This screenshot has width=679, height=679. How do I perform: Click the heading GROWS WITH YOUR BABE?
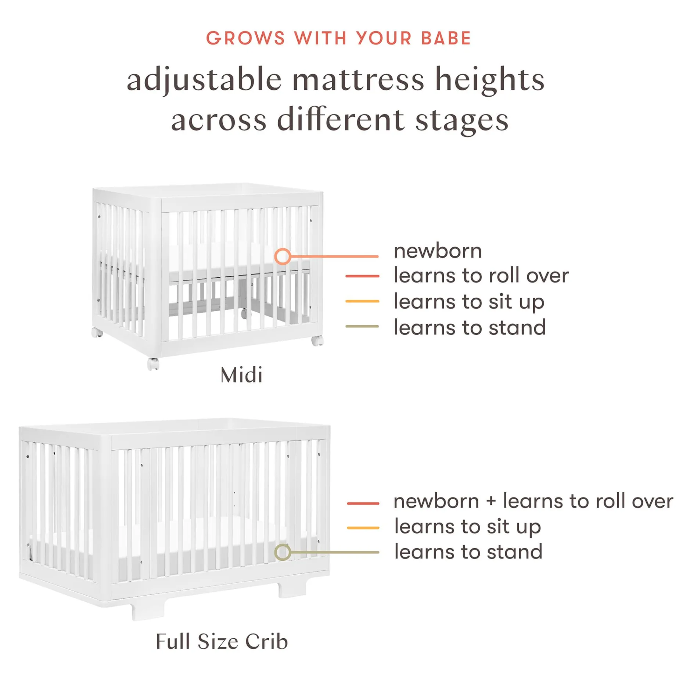338,38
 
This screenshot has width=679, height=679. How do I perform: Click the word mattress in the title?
358,80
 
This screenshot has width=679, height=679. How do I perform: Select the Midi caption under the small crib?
241,375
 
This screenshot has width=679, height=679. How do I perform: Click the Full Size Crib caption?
222,642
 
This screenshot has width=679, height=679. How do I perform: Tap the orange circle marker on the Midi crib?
283,256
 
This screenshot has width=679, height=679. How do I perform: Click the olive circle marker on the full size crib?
283,552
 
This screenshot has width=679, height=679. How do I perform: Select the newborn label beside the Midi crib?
438,251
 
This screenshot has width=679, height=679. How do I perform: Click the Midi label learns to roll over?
481,276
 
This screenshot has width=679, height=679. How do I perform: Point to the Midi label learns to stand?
470,327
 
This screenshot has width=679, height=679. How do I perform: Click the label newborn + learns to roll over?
533,501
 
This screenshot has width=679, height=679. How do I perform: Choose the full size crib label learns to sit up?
467,527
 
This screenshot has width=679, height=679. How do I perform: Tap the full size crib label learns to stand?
468,552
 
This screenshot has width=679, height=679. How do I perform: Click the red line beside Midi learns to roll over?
362,276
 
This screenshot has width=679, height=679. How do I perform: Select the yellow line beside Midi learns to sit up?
362,301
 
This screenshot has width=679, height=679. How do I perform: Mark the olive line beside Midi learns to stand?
362,326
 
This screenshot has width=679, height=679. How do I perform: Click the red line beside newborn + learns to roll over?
363,503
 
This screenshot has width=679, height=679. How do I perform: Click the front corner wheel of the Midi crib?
153,364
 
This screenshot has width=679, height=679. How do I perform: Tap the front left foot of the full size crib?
148,611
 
